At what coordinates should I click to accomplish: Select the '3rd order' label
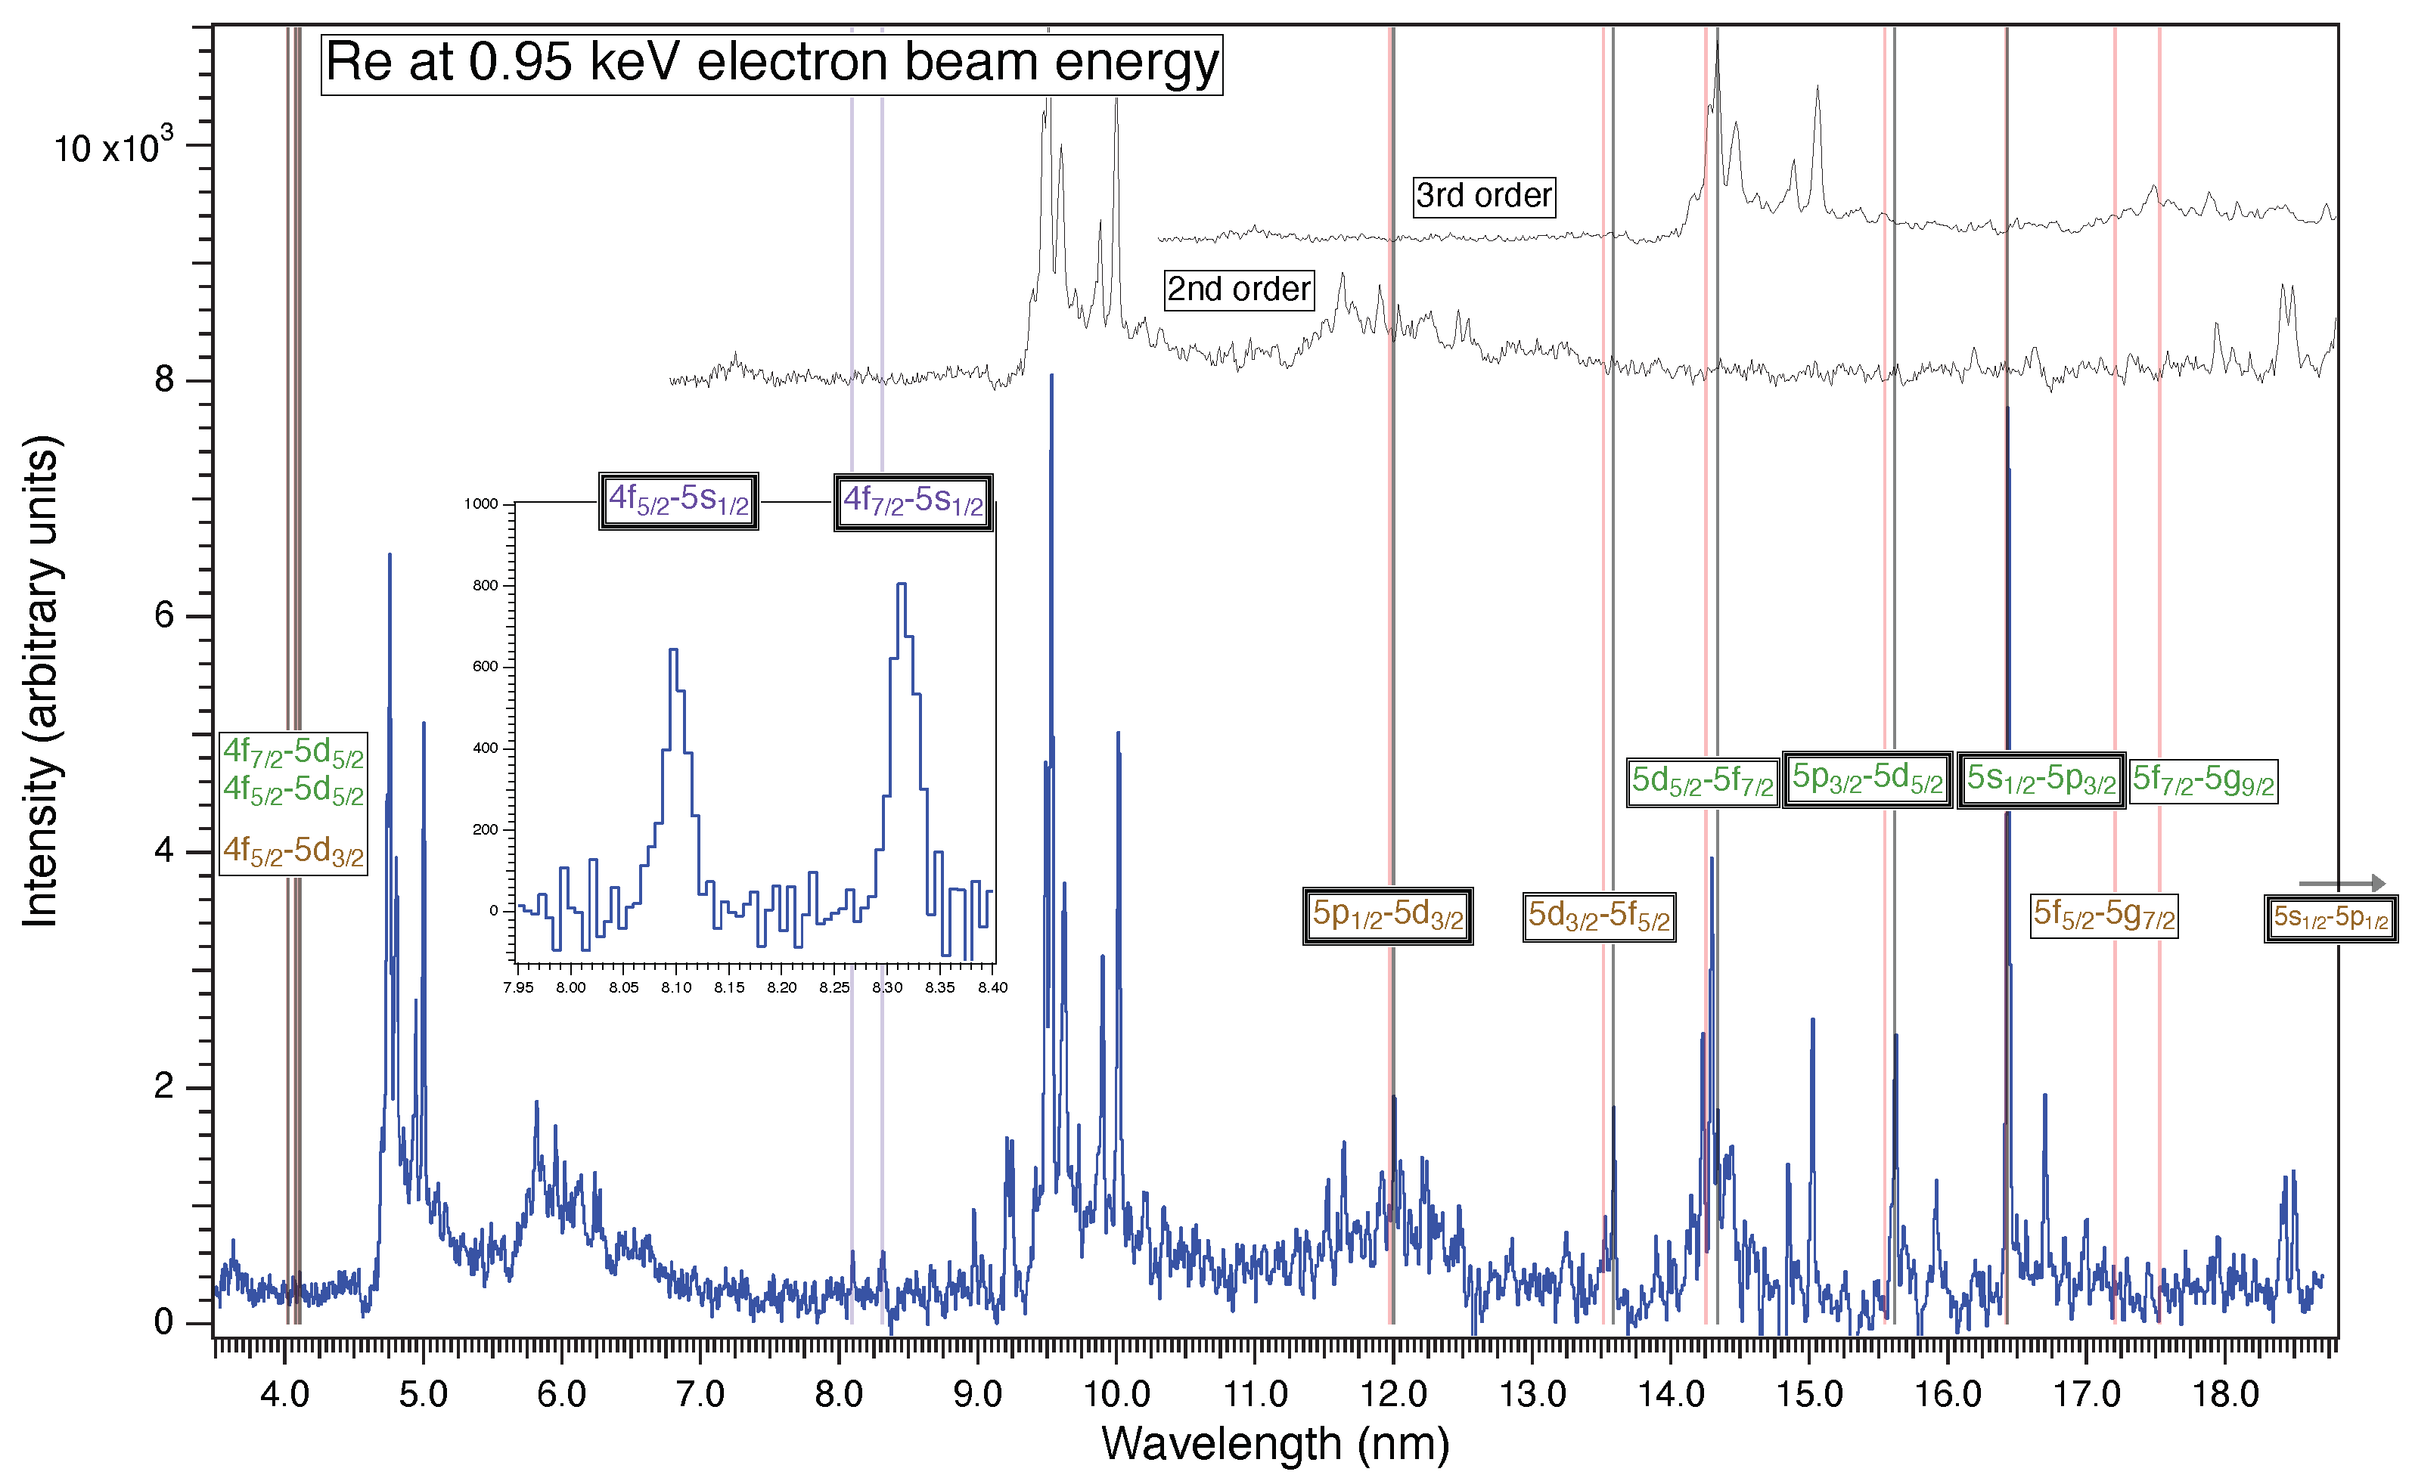(x=1483, y=196)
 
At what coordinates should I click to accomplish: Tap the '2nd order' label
(x=1238, y=290)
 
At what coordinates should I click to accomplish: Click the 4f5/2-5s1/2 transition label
(x=678, y=501)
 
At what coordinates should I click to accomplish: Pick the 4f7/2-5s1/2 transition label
(x=913, y=503)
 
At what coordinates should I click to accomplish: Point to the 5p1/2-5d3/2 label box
(x=1387, y=916)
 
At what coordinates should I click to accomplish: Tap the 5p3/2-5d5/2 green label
(x=1867, y=779)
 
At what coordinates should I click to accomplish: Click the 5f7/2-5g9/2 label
(x=2203, y=782)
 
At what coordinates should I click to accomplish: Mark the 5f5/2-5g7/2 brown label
(x=2103, y=916)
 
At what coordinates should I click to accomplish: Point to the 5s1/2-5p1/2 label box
(x=2330, y=919)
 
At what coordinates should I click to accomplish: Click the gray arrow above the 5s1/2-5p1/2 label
(x=2342, y=884)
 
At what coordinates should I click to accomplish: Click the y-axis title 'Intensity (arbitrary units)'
(x=41, y=680)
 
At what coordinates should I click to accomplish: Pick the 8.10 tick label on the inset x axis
(x=676, y=987)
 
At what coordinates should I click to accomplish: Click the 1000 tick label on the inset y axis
(x=481, y=503)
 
